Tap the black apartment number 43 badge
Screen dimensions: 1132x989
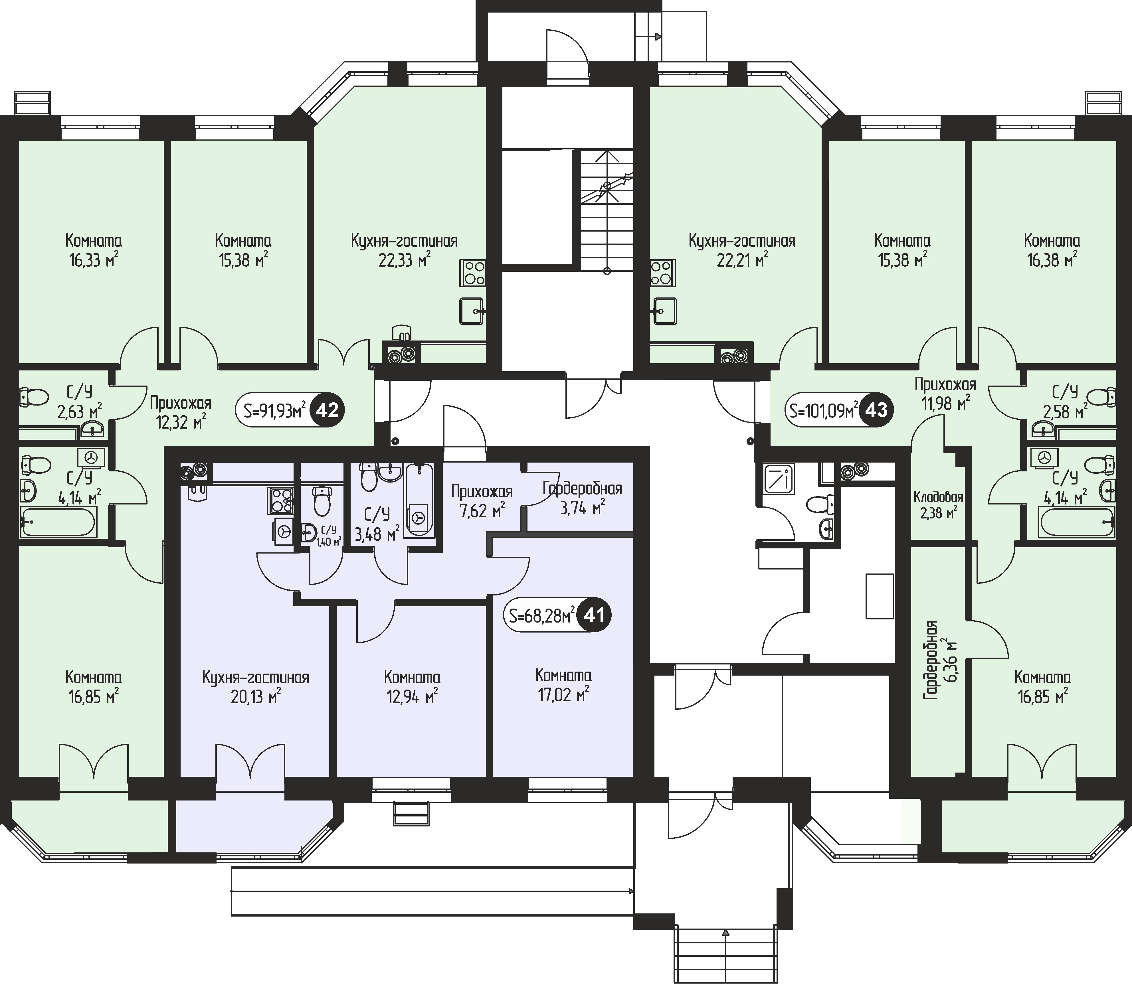point(876,411)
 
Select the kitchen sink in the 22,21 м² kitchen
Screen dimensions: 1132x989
point(664,311)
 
